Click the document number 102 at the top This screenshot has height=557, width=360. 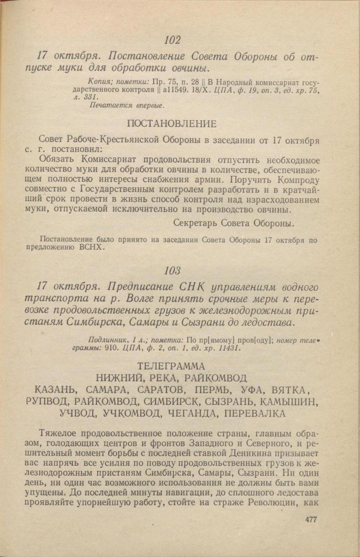[x=172, y=40]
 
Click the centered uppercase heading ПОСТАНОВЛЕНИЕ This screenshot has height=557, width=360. [x=172, y=123]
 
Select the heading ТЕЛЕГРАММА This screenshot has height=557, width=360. [x=171, y=365]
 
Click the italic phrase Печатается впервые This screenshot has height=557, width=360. [x=126, y=105]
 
